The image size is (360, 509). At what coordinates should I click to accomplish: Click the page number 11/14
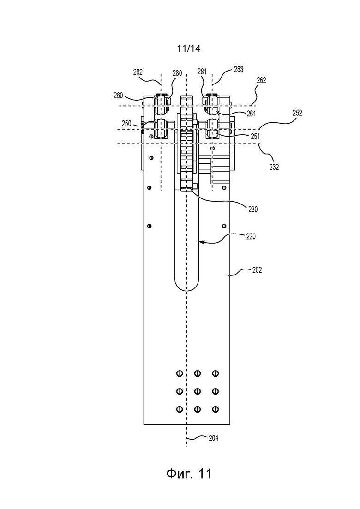(189, 48)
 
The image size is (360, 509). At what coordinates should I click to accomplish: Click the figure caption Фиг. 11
(189, 473)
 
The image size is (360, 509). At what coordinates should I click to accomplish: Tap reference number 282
(138, 72)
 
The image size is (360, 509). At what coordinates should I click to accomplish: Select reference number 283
(239, 69)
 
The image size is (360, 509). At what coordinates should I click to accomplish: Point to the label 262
(261, 80)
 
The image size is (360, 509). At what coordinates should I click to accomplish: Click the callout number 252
(297, 113)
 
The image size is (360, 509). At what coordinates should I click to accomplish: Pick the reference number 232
(274, 167)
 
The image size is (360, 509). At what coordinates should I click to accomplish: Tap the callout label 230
(253, 210)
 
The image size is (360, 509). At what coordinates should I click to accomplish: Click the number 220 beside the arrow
(251, 236)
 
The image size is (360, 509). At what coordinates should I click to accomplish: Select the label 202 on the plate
(257, 270)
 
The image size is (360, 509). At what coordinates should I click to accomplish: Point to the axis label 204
(213, 438)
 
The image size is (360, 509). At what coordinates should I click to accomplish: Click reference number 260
(119, 96)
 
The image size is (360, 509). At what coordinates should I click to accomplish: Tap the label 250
(126, 124)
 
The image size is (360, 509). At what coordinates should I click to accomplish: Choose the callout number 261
(251, 114)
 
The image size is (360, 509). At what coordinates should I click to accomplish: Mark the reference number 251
(255, 136)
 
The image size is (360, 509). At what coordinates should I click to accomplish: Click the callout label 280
(177, 73)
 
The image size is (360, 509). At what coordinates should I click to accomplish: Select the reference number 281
(202, 72)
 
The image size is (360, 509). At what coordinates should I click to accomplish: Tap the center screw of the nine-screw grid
(198, 391)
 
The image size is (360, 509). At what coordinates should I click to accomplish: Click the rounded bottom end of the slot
(186, 290)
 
